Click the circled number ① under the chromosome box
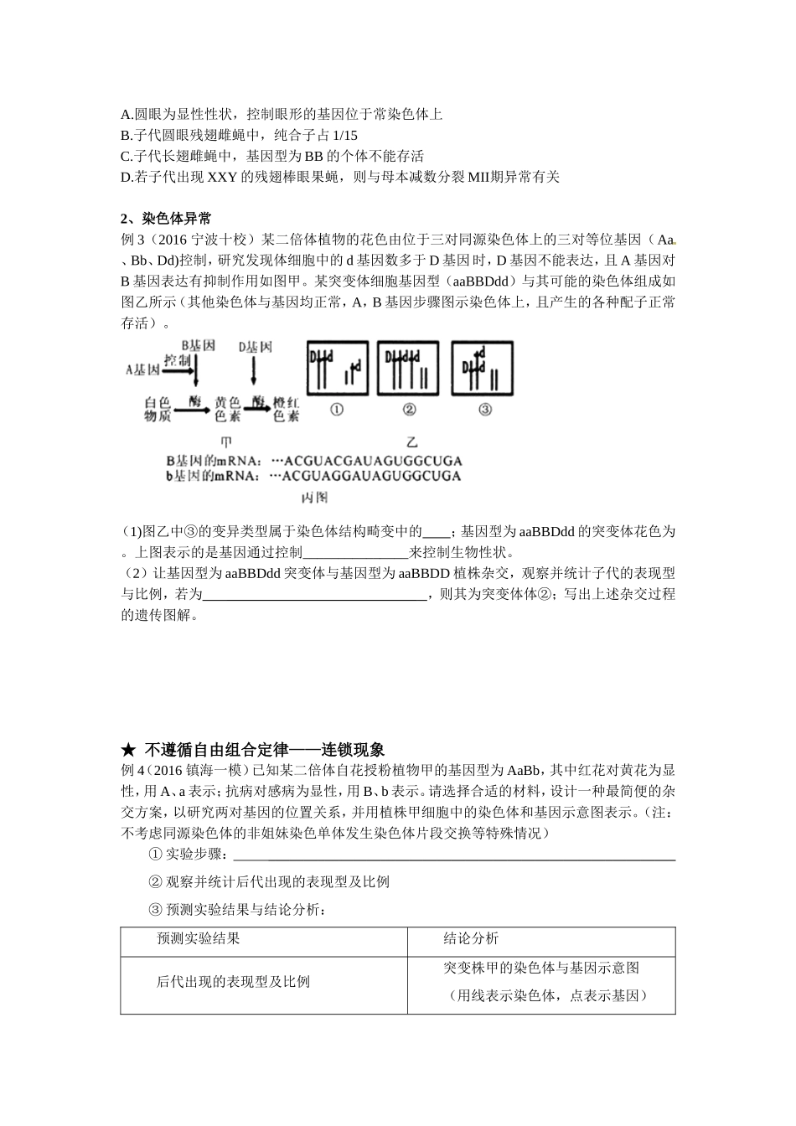(337, 410)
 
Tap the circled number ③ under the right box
(484, 410)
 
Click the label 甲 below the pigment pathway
(225, 442)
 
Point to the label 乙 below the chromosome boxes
(411, 442)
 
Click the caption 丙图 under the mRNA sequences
(314, 498)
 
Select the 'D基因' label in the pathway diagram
(255, 345)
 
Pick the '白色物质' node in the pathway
(158, 409)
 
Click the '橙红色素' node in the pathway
(286, 409)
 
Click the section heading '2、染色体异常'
(166, 219)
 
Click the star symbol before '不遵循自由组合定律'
(128, 749)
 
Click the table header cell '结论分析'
(471, 938)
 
